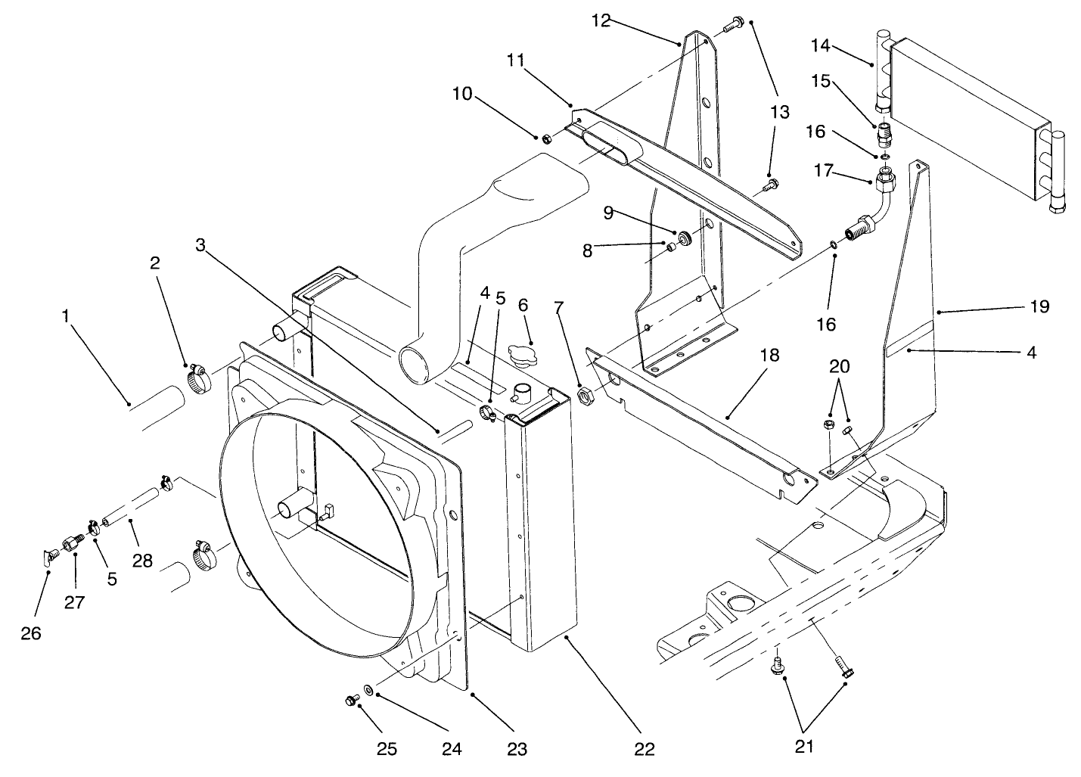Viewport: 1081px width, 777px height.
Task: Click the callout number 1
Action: coord(67,315)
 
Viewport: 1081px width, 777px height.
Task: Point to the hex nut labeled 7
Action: coord(584,394)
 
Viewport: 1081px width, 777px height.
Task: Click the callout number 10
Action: coord(462,94)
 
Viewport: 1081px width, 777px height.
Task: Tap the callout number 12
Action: coord(601,21)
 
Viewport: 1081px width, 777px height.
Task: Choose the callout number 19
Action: coord(1039,306)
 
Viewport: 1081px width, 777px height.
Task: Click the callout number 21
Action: coord(804,747)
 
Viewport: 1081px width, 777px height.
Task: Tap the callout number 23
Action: coord(517,749)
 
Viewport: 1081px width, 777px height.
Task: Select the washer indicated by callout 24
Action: coord(368,689)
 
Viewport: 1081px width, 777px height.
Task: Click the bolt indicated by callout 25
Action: coord(350,701)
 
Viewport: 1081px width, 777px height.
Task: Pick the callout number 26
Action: coord(31,633)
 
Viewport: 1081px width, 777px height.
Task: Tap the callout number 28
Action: coord(142,561)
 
